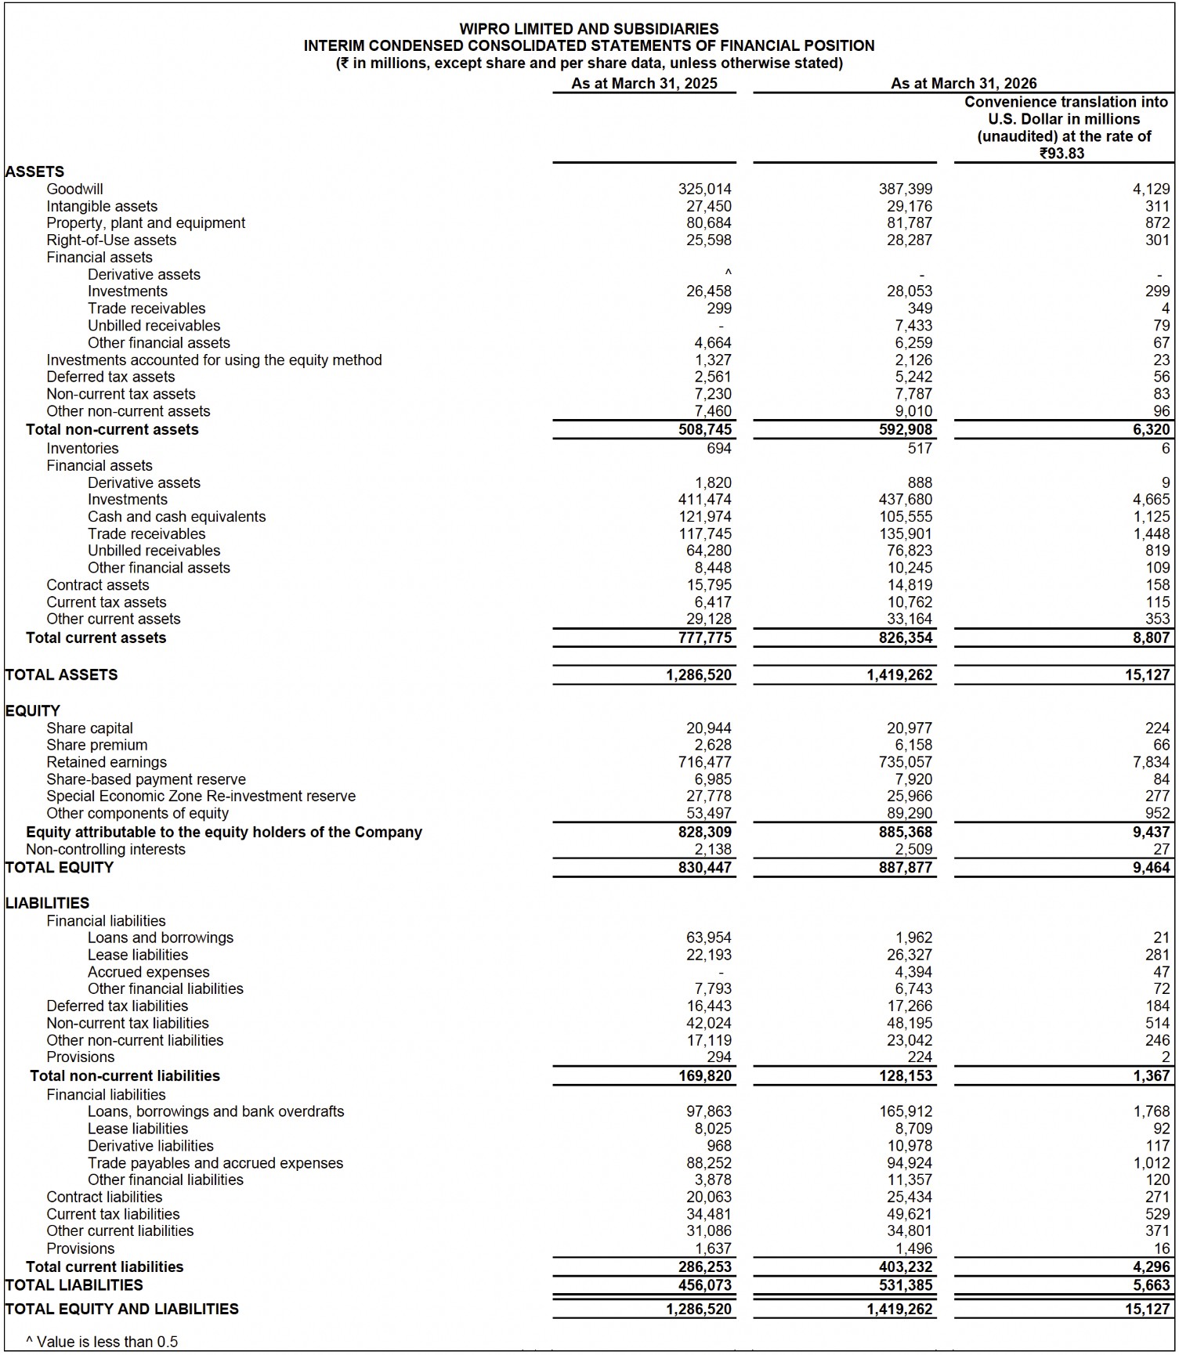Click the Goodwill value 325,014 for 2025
(704, 189)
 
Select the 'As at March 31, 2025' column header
(644, 84)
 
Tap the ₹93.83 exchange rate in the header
(1062, 154)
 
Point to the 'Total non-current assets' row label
(112, 429)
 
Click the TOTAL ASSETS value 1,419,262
(899, 674)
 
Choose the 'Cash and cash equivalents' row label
(176, 517)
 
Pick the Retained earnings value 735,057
(906, 762)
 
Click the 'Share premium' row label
(96, 745)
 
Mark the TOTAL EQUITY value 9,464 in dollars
(1151, 867)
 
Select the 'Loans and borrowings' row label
(161, 938)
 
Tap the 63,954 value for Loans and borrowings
(708, 938)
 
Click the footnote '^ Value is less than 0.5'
(102, 1342)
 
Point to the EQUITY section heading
(32, 710)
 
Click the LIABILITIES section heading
(47, 903)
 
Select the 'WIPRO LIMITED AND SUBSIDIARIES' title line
(588, 29)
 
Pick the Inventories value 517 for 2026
(920, 448)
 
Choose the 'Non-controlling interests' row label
(106, 849)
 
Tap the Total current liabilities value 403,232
(906, 1266)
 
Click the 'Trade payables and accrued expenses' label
(215, 1163)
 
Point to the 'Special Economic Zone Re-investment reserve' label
(201, 796)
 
